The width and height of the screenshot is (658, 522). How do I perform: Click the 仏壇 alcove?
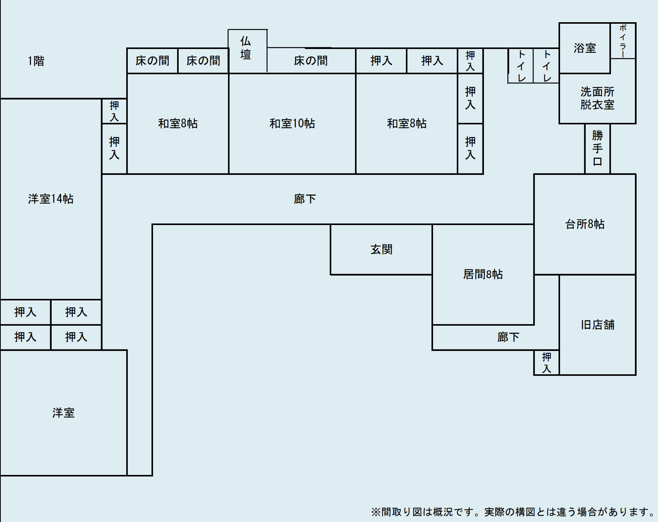[x=246, y=48]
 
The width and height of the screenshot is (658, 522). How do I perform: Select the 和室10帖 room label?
[x=292, y=124]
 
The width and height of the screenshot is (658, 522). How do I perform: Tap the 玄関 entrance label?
[x=381, y=250]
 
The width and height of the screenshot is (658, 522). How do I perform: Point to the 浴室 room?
[x=585, y=48]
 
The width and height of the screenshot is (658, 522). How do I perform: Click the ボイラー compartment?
[x=623, y=41]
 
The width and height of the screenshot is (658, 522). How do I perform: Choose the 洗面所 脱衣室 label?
[x=597, y=98]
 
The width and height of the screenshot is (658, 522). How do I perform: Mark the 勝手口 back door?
[x=597, y=148]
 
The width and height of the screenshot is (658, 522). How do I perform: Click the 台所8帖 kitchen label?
[x=585, y=224]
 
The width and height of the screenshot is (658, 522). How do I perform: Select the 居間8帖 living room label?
[x=483, y=274]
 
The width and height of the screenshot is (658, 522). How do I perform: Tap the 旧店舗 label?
[x=597, y=325]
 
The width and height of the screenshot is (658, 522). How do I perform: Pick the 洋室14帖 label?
[x=50, y=199]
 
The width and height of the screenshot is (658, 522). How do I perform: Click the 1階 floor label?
[x=36, y=61]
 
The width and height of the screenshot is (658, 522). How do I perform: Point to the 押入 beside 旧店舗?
[x=546, y=363]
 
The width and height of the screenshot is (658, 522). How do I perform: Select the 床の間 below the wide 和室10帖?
[x=311, y=61]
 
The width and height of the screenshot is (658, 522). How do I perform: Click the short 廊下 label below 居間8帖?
[x=508, y=337]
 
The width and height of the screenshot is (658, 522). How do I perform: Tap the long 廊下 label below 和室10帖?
[x=305, y=199]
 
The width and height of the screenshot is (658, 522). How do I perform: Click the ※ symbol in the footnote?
[x=375, y=512]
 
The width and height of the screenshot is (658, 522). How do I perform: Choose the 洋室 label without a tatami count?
[x=64, y=413]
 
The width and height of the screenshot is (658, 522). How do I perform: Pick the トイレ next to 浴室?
[x=546, y=66]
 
